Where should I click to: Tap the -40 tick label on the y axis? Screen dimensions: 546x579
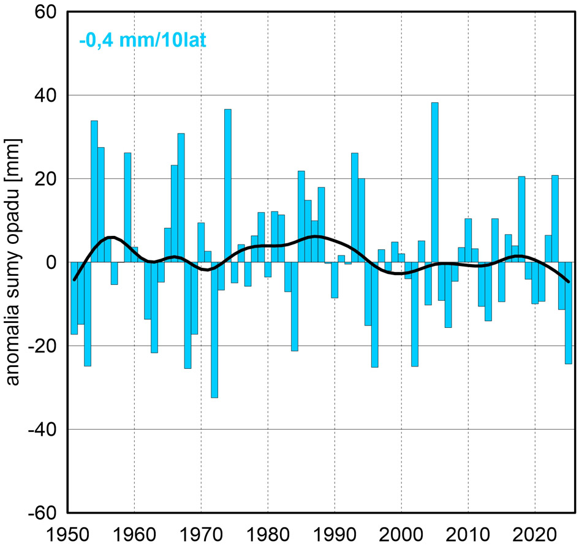pyautogui.click(x=43, y=430)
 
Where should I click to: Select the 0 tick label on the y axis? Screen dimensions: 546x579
pyautogui.click(x=52, y=262)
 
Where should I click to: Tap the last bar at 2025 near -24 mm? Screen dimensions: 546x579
pyautogui.click(x=569, y=313)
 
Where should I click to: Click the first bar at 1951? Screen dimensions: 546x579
pyautogui.click(x=74, y=298)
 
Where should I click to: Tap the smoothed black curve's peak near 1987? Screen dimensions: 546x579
pyautogui.click(x=314, y=236)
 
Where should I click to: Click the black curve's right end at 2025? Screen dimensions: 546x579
pyautogui.click(x=569, y=281)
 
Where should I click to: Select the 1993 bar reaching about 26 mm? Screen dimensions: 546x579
pyautogui.click(x=355, y=208)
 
